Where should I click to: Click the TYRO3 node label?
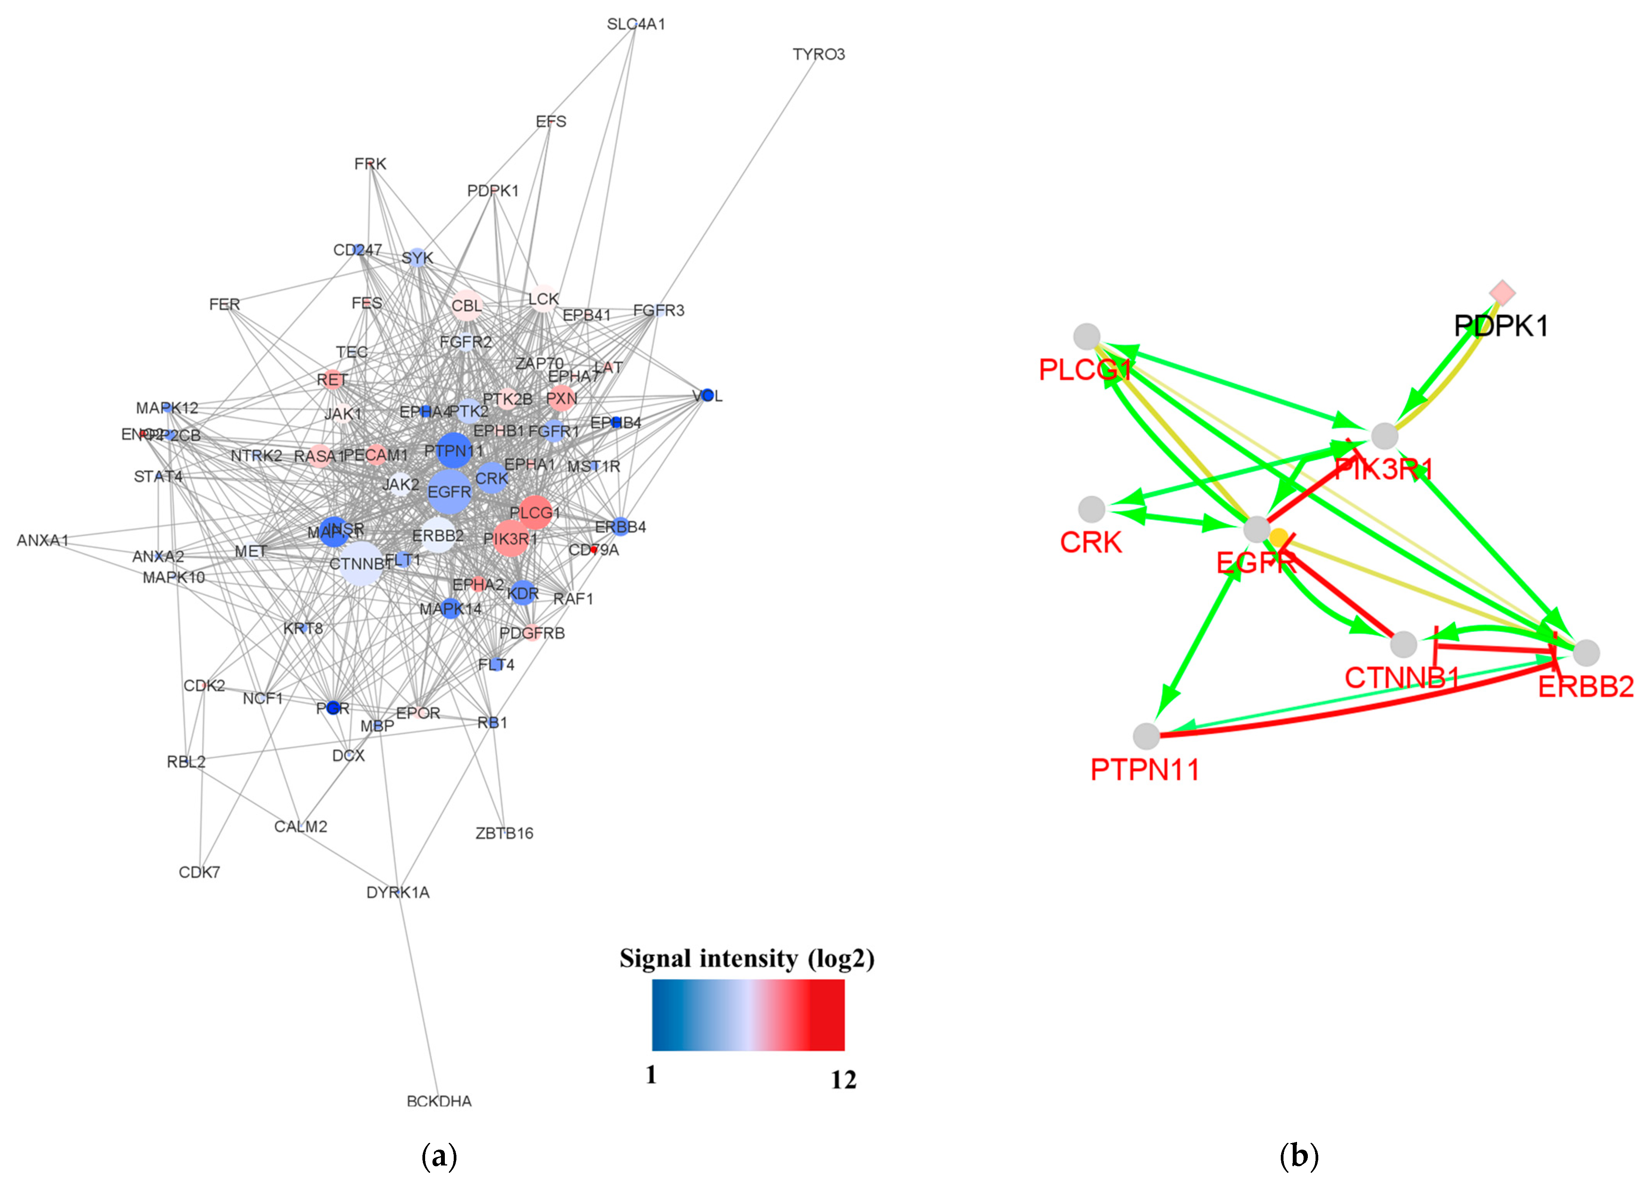click(x=819, y=55)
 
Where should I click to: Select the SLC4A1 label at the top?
click(x=636, y=24)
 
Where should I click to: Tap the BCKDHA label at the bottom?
click(x=439, y=1101)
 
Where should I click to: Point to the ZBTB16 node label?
click(x=504, y=833)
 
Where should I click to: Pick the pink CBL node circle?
click(x=466, y=305)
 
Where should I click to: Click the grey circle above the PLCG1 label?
click(x=1086, y=336)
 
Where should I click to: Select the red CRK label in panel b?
click(x=1091, y=542)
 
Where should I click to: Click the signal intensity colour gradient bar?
click(x=747, y=1015)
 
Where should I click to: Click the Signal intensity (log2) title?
click(x=747, y=959)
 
